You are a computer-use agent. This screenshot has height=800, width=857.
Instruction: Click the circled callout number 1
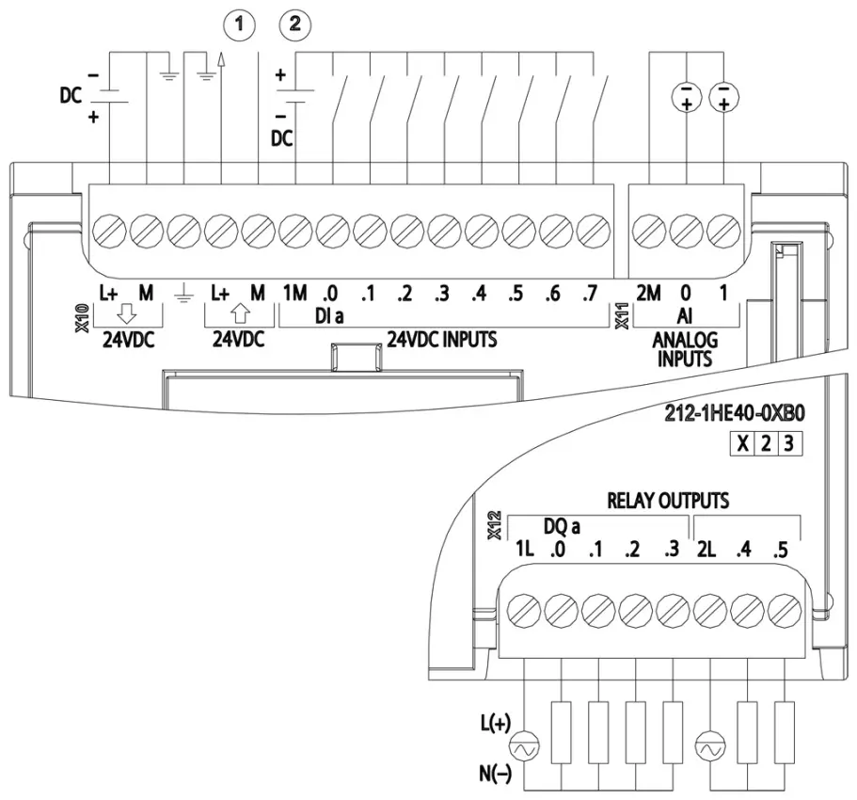[239, 24]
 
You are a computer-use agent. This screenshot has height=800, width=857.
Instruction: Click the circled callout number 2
[295, 24]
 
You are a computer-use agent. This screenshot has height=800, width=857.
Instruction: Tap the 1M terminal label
[294, 294]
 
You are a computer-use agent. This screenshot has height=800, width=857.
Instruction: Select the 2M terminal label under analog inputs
[648, 294]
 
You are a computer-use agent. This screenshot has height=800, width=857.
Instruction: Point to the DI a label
[329, 315]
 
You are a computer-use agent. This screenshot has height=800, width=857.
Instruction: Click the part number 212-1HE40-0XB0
[735, 414]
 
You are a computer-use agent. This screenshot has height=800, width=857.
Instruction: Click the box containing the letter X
[742, 443]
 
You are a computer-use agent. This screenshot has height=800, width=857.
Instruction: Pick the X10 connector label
[83, 318]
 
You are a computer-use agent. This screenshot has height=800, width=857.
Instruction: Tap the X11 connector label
[622, 316]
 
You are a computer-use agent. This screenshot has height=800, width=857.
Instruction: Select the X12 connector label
[495, 525]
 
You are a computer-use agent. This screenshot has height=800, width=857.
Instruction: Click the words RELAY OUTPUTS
[668, 501]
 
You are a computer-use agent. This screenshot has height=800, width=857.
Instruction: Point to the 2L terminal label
[706, 549]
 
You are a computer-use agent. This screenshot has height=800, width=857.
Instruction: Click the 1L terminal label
[525, 549]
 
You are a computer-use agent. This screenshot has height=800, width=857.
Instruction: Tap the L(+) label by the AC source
[496, 724]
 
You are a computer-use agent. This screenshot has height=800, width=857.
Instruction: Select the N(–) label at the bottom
[496, 774]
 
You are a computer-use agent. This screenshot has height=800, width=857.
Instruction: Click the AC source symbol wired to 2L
[710, 747]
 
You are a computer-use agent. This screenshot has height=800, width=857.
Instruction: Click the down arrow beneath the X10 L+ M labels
[127, 314]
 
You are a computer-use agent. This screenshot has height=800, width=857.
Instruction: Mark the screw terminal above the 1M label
[295, 231]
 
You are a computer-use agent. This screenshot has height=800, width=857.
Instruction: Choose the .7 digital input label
[590, 294]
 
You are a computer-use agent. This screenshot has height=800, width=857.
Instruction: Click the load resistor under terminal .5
[785, 733]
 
